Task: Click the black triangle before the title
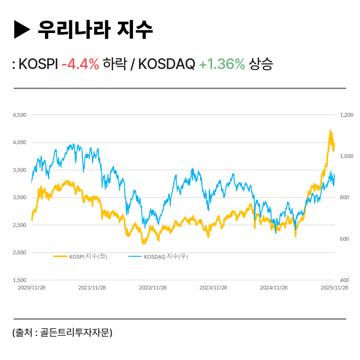tap(22, 30)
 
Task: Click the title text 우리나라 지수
tap(95, 30)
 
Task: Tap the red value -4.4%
tap(80, 64)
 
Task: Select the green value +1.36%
tap(222, 64)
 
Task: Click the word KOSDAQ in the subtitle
tap(166, 64)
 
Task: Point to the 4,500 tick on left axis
tap(19, 115)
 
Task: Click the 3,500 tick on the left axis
tap(19, 170)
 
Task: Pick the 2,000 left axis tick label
tap(19, 253)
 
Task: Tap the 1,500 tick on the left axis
tap(19, 280)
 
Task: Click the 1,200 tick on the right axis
tap(346, 115)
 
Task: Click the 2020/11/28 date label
tap(31, 288)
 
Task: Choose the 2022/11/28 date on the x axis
tap(153, 288)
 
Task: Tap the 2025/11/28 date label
tap(334, 288)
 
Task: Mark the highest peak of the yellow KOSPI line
tap(330, 130)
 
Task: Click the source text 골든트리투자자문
tap(76, 332)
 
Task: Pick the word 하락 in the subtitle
tap(114, 64)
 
